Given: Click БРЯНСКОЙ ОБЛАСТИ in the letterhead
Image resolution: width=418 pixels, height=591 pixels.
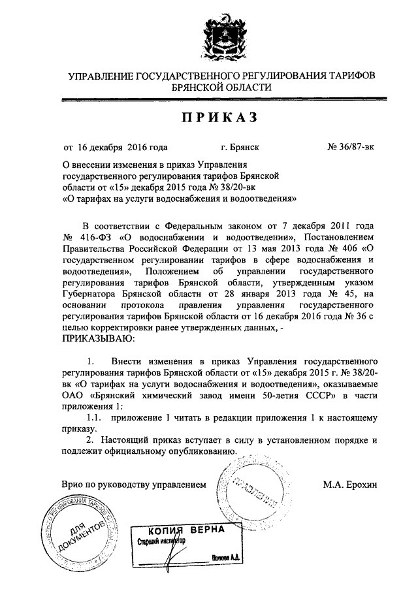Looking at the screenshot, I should [x=222, y=88].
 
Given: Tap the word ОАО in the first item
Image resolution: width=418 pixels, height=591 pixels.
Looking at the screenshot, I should [x=74, y=395].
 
